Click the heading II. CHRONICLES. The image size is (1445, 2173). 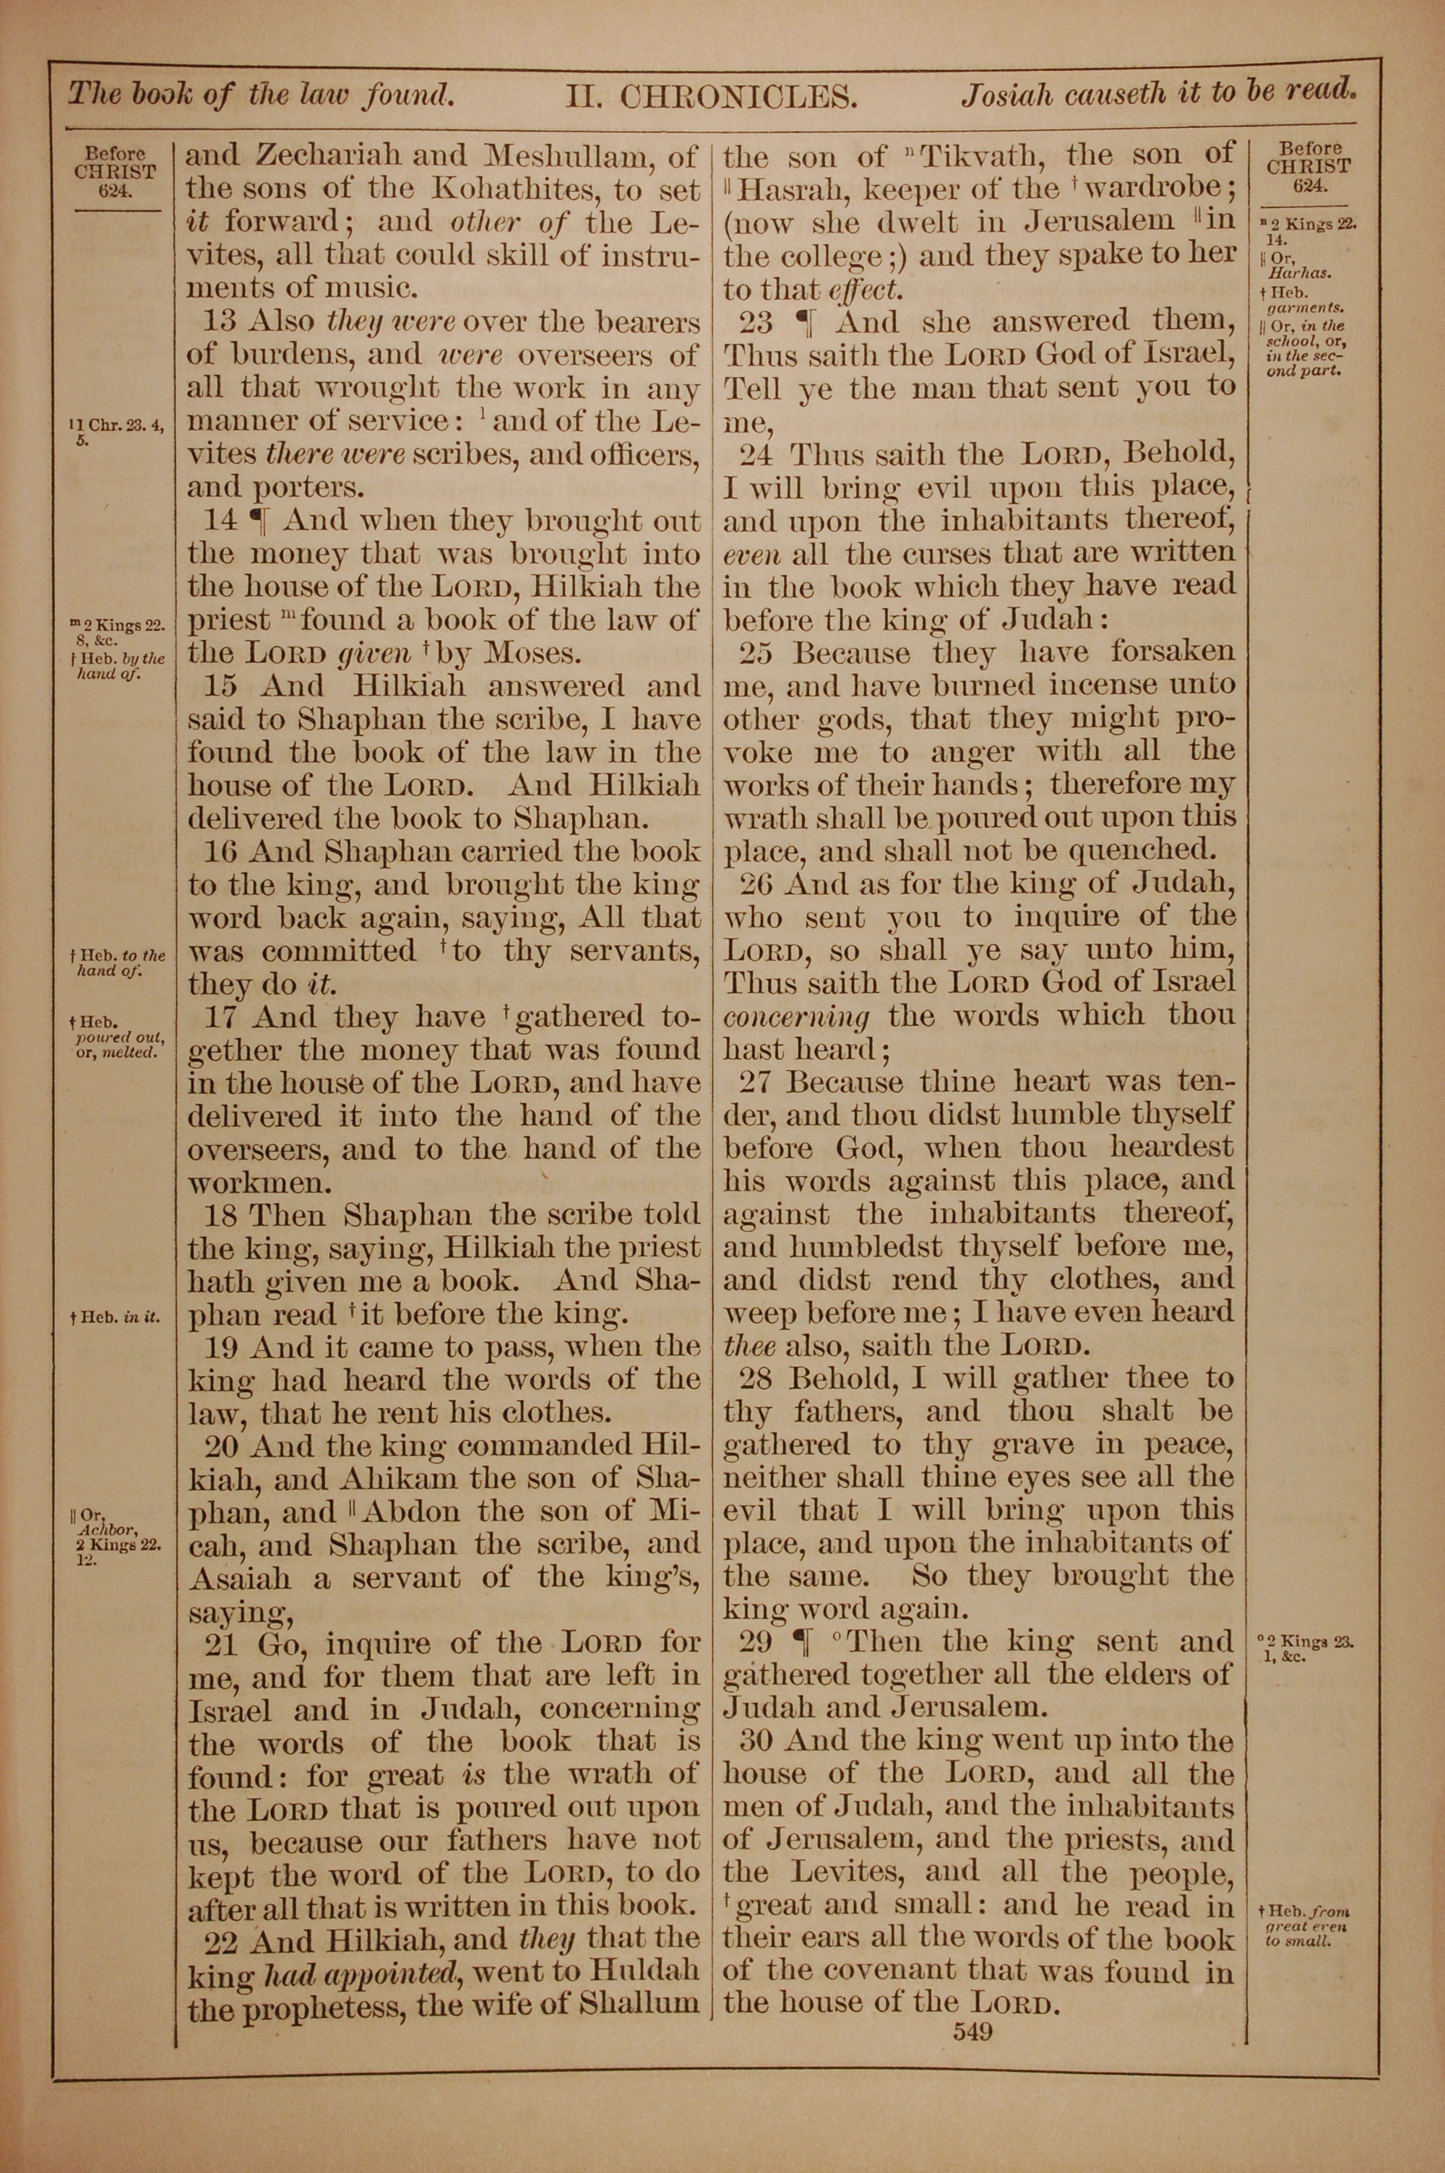tap(709, 96)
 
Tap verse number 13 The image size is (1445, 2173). tap(220, 322)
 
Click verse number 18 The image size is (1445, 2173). tap(221, 1215)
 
